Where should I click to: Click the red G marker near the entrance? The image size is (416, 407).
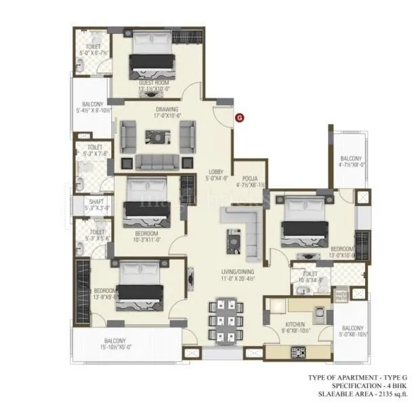(239, 117)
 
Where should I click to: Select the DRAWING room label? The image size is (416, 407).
(167, 109)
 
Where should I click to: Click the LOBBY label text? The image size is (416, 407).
(216, 171)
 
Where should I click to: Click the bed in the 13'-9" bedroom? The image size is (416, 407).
(141, 285)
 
